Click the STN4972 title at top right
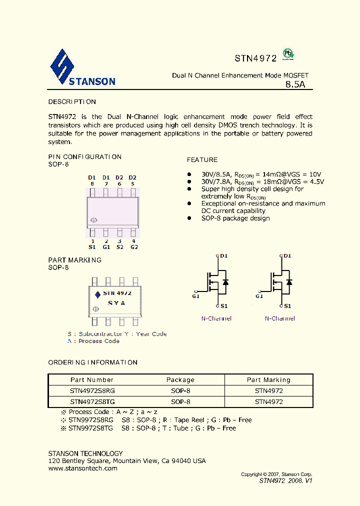point(255,58)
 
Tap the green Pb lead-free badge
point(287,54)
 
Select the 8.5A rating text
point(295,84)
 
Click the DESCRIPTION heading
point(72,102)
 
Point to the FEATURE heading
point(202,160)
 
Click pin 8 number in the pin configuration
point(92,184)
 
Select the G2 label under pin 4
point(133,247)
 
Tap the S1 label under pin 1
point(92,247)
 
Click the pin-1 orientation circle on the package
point(93,220)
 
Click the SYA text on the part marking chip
point(116,303)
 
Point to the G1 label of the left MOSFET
point(195,296)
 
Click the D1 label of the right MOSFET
point(287,256)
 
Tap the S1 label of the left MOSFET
point(224,306)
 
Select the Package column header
point(180,380)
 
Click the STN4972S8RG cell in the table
point(92,391)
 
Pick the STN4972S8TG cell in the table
point(92,402)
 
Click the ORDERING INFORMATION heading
point(92,362)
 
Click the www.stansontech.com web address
point(82,468)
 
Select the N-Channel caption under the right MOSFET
point(280,318)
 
